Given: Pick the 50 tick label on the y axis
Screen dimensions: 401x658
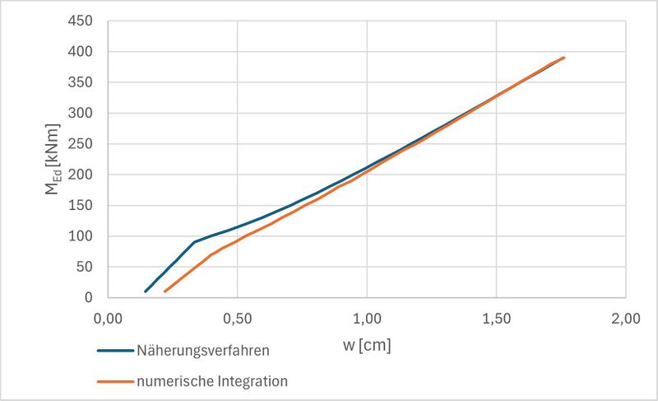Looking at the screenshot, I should pos(84,267).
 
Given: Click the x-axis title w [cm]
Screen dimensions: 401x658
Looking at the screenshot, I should pos(367,345).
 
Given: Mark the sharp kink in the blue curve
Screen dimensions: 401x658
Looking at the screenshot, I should pos(194,242).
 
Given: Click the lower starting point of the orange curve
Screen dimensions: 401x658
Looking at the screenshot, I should pos(165,291).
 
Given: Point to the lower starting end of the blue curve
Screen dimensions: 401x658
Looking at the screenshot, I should pos(146,291).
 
